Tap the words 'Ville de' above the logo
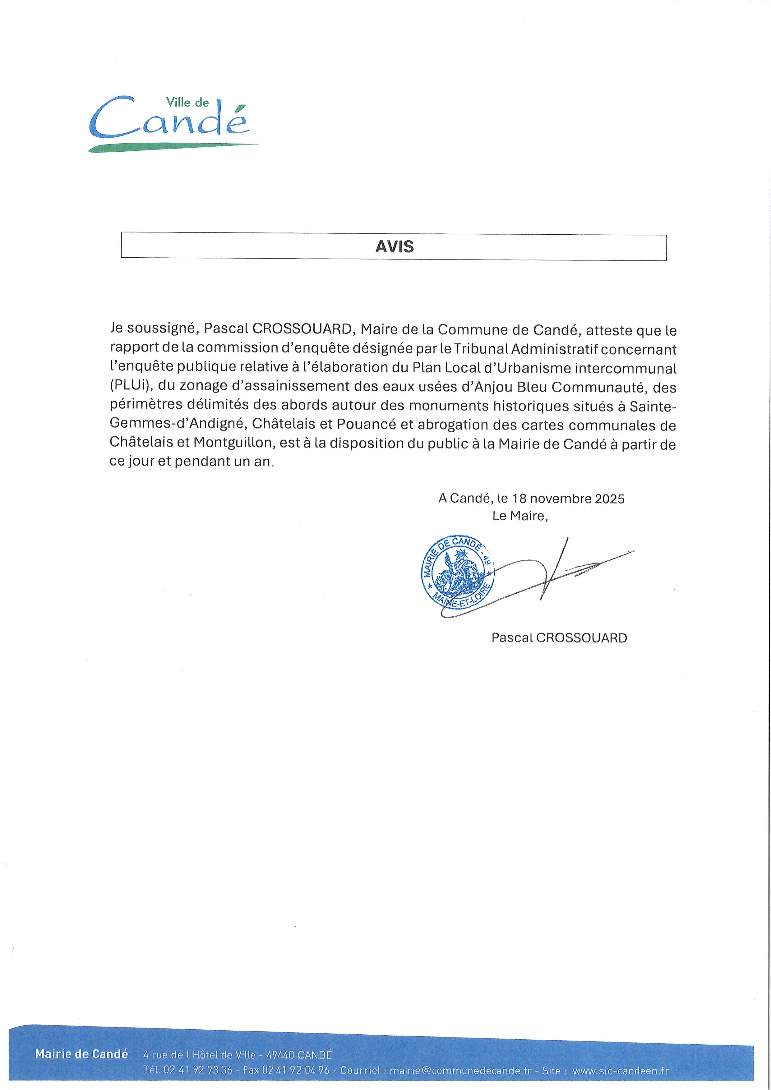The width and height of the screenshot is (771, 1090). coord(187,102)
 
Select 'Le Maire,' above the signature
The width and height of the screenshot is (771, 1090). coord(520,516)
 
